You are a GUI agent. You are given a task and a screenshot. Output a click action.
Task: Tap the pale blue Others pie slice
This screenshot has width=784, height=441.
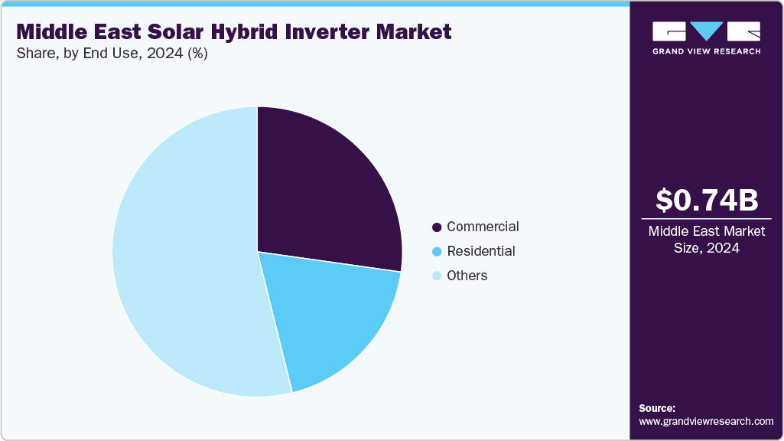184,260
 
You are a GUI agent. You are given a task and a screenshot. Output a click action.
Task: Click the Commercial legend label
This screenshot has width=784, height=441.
483,227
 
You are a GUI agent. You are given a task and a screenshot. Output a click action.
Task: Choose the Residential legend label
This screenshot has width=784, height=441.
480,251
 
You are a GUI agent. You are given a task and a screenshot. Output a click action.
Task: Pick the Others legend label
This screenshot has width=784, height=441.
467,276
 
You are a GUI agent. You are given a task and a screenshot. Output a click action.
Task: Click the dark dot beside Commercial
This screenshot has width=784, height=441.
437,227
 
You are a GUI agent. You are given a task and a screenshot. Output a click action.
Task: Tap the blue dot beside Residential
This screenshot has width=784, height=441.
437,252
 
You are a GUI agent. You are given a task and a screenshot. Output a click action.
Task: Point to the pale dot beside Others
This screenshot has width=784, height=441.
437,276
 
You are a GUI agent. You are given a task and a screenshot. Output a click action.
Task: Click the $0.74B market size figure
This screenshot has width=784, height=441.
707,200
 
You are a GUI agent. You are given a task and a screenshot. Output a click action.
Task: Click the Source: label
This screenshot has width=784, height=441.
657,408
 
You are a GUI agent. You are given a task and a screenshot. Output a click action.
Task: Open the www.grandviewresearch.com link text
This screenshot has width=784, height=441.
706,421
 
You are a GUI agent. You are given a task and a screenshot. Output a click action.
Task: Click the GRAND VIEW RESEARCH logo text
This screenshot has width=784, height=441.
706,51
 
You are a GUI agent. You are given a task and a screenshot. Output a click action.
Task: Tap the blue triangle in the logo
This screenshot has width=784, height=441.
706,31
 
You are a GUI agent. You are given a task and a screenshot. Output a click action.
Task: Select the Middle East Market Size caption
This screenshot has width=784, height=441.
706,240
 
